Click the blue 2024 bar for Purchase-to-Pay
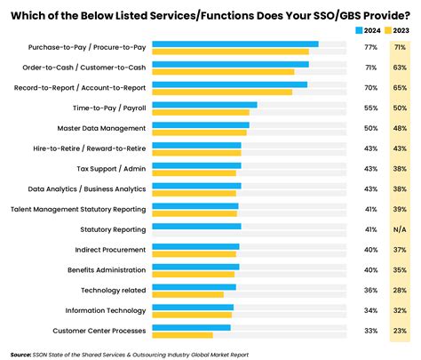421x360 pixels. [234, 44]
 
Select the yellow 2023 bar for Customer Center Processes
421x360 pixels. [182, 335]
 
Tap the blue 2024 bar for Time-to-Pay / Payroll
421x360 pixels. [204, 105]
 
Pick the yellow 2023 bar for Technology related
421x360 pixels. [187, 294]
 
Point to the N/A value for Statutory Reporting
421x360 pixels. [400, 229]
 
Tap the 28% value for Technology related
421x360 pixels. [400, 290]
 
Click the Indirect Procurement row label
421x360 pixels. [106, 250]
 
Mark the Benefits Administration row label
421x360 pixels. [107, 269]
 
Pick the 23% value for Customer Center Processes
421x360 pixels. [400, 331]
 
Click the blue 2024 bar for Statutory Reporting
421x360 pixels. [196, 227]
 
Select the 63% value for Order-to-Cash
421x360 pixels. [400, 68]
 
